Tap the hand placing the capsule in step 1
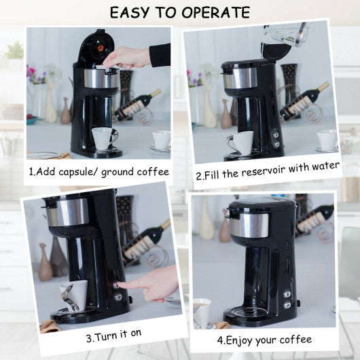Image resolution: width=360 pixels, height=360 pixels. [x=129, y=57]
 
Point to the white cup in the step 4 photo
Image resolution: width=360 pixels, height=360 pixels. [x=201, y=312]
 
